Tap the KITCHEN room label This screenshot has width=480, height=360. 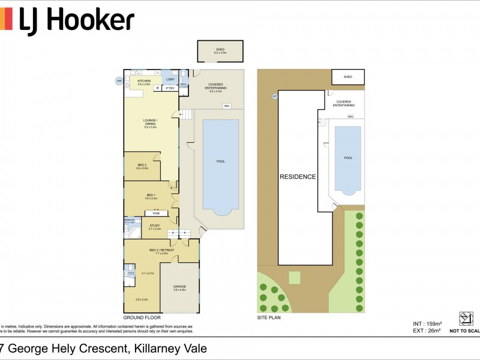pos(144,81)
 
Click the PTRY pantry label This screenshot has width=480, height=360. pos(170,89)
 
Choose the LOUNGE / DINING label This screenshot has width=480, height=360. pos(150,125)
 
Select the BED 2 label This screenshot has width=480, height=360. pos(142,166)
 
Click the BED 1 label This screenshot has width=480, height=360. pos(151,196)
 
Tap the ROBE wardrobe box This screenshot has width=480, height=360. pos(156,213)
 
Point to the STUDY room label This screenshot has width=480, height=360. pos(154,226)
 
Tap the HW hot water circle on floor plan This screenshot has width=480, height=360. pos(119,80)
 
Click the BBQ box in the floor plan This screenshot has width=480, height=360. pos(227,106)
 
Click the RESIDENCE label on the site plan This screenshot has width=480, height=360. pos(297,176)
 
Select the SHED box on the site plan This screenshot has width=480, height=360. pos(348,77)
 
